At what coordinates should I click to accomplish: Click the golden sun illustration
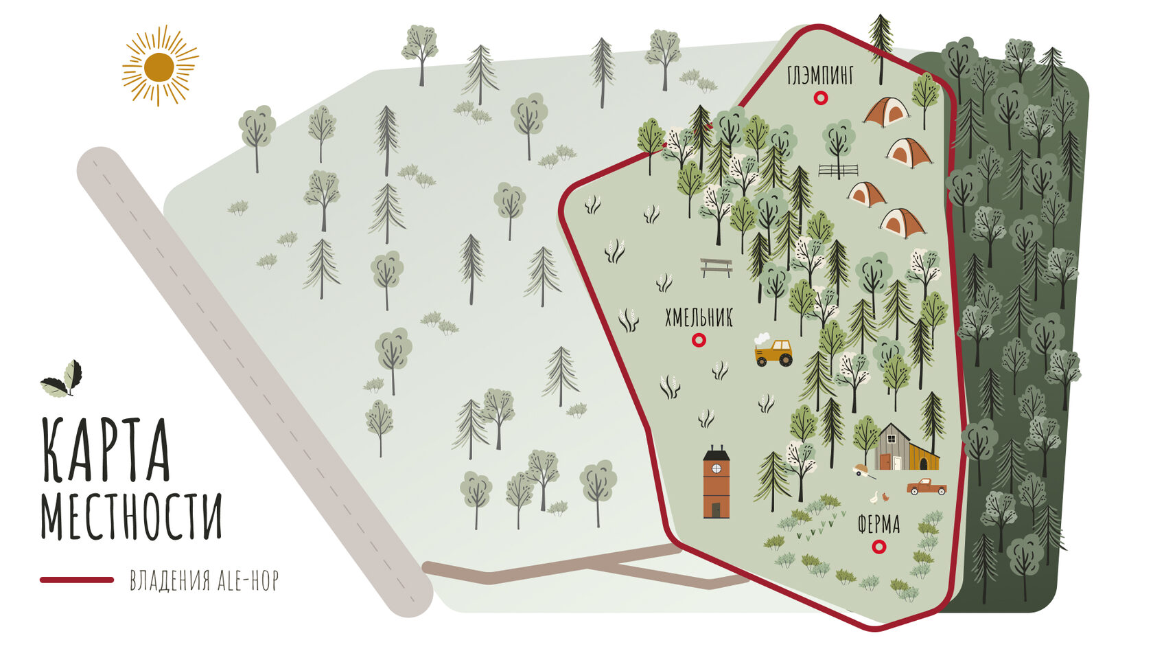pos(159,66)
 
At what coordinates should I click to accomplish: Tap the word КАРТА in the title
pos(106,450)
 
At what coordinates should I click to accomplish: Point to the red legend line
pos(77,580)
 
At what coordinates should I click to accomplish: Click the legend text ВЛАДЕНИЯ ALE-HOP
pos(204,581)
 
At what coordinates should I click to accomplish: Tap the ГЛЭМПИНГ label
pos(820,75)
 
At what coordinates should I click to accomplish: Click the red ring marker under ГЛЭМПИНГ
pos(820,98)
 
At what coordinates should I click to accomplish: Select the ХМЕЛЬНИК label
pos(699,318)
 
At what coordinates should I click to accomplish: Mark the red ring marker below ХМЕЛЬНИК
pos(699,339)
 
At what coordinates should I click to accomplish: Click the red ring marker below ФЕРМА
pos(878,547)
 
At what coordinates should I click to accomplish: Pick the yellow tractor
pos(773,353)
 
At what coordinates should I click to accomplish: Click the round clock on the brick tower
pos(717,468)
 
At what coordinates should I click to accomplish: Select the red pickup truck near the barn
pos(927,487)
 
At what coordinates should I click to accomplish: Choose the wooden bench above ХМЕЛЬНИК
pos(716,267)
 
